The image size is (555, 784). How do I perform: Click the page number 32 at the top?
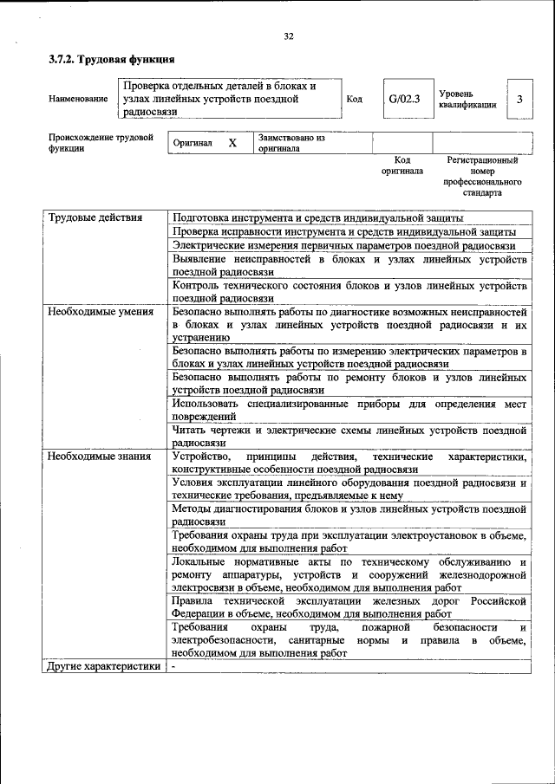click(289, 36)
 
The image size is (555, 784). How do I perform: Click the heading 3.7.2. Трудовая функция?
click(112, 60)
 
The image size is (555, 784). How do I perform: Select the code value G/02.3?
click(404, 99)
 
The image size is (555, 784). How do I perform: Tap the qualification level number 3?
click(519, 99)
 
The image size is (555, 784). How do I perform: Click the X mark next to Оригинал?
click(232, 143)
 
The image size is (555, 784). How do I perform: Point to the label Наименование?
click(79, 100)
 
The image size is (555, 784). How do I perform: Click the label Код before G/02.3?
click(354, 99)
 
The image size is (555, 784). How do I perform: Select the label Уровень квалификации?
click(467, 99)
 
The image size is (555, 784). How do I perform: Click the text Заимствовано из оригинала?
click(291, 143)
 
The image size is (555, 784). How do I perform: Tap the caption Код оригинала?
click(402, 165)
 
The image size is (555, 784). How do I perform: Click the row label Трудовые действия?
click(95, 217)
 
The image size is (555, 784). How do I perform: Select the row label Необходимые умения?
click(101, 311)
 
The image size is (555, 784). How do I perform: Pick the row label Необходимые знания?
click(99, 457)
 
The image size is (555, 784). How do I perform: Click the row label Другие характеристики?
click(104, 666)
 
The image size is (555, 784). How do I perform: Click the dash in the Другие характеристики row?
click(174, 666)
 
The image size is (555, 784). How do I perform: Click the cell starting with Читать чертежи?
click(349, 435)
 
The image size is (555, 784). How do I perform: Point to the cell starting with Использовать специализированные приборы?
click(349, 410)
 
